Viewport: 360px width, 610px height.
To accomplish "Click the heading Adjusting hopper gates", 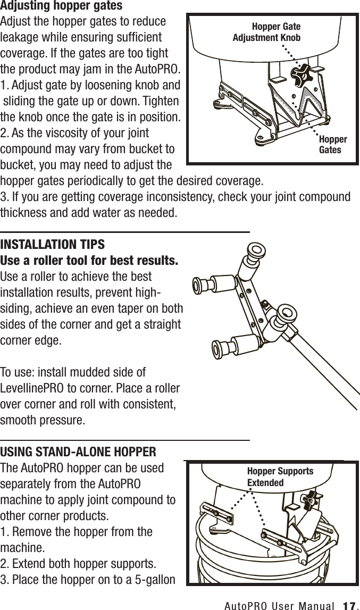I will (x=62, y=6).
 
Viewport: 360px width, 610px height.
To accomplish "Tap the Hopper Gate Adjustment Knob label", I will (x=267, y=32).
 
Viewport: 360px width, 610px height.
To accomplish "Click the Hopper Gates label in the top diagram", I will (x=332, y=144).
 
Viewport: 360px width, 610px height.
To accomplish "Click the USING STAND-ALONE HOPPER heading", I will (x=78, y=453).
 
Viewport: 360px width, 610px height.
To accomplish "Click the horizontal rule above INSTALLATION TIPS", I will (x=125, y=232).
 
